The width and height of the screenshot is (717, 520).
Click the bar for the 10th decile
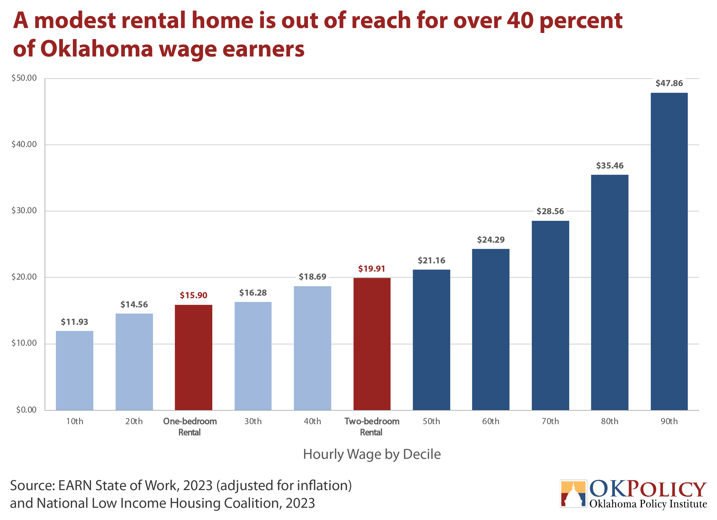click(75, 371)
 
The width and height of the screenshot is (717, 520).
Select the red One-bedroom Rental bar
click(193, 358)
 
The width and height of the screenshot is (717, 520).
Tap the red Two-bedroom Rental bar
click(372, 344)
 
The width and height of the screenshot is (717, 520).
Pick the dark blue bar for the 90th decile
click(669, 251)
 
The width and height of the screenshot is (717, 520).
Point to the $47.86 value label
click(669, 83)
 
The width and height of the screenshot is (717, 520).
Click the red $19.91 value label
click(372, 269)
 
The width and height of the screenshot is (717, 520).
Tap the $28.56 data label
click(550, 211)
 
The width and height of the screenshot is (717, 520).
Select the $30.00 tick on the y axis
click(24, 211)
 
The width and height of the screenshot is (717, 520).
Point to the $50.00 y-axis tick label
click(24, 78)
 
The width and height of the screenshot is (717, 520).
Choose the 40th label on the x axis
click(312, 421)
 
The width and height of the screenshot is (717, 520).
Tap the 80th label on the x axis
click(610, 421)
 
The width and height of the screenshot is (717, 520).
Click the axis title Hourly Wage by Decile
click(372, 454)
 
